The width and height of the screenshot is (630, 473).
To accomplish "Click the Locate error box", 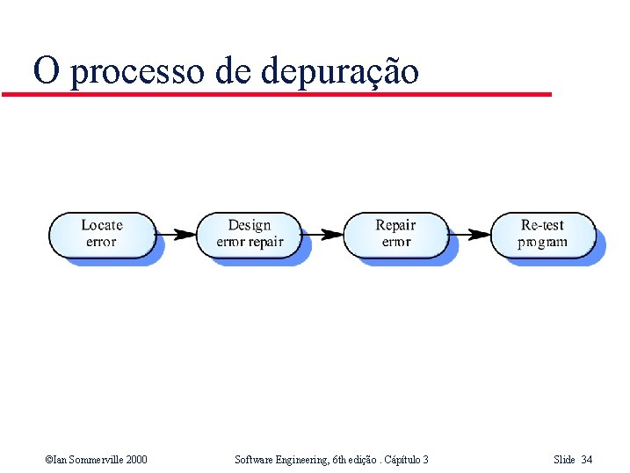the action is tap(102, 234).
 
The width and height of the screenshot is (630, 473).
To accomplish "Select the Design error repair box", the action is tap(249, 234).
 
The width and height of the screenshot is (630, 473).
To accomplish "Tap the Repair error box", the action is tap(395, 234).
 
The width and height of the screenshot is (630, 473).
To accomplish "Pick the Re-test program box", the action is tap(542, 234).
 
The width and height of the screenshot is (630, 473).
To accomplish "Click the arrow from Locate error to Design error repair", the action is tap(176, 234).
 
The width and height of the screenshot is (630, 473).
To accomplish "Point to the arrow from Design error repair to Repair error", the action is tap(322, 234).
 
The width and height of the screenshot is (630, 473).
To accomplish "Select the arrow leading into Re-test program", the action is tap(469, 234).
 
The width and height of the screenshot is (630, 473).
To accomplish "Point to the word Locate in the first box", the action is tap(102, 225).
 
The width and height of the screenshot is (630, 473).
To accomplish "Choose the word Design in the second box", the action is tap(250, 225).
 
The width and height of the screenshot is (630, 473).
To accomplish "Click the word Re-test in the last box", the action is tap(542, 225).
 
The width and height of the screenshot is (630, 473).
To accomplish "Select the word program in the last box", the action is tap(542, 243).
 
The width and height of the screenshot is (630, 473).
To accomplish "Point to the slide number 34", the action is tap(587, 459).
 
